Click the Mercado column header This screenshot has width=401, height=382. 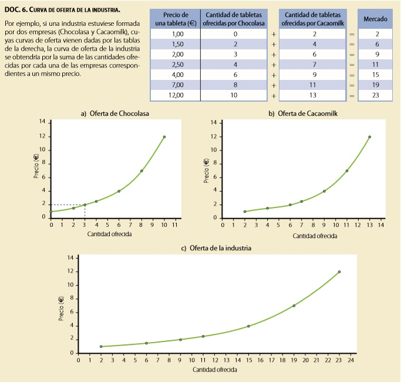click(375, 19)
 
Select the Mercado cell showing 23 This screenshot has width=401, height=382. click(375, 95)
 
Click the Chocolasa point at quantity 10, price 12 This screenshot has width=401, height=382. click(164, 137)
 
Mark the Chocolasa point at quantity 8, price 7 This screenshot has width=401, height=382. click(141, 171)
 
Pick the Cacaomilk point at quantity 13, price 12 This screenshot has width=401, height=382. click(370, 137)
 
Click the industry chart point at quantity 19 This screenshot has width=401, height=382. click(294, 306)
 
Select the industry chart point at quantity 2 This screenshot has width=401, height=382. click(101, 347)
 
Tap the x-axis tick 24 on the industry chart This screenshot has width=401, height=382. click(351, 360)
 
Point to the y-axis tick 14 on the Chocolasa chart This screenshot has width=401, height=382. click(42, 122)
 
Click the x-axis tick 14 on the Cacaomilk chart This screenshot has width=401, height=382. click(381, 225)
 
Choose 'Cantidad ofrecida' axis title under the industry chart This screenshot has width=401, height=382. click(215, 370)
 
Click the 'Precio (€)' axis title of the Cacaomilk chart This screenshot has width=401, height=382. click(206, 170)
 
